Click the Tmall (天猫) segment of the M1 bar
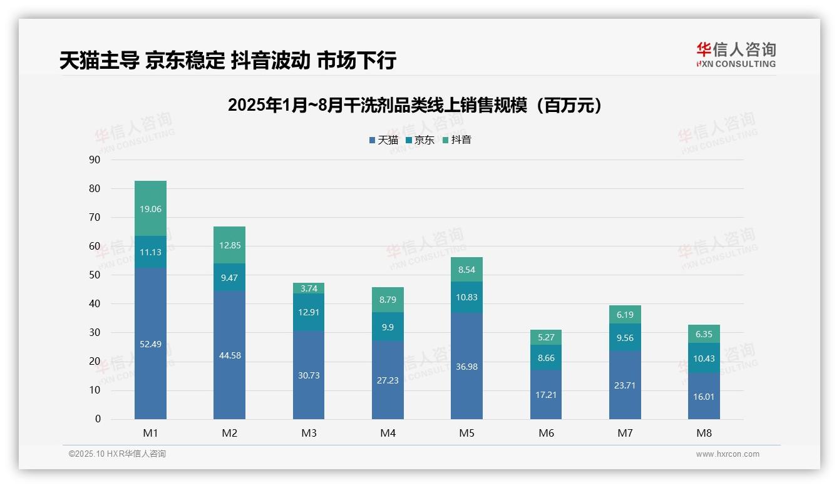[150, 343]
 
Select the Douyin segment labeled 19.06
[150, 208]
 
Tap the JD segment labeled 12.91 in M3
[309, 312]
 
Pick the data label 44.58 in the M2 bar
[230, 355]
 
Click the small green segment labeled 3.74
[309, 288]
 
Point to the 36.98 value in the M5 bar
[466, 367]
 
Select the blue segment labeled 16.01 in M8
[704, 396]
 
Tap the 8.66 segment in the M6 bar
[546, 357]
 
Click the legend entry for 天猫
[383, 140]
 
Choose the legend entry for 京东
[420, 140]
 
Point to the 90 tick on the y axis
[95, 160]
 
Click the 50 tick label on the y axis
[95, 275]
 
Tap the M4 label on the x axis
[388, 433]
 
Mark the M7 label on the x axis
[625, 433]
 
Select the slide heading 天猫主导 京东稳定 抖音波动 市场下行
[228, 61]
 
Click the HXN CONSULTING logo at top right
[736, 55]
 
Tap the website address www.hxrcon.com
[728, 454]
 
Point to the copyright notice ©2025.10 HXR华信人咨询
[117, 454]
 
